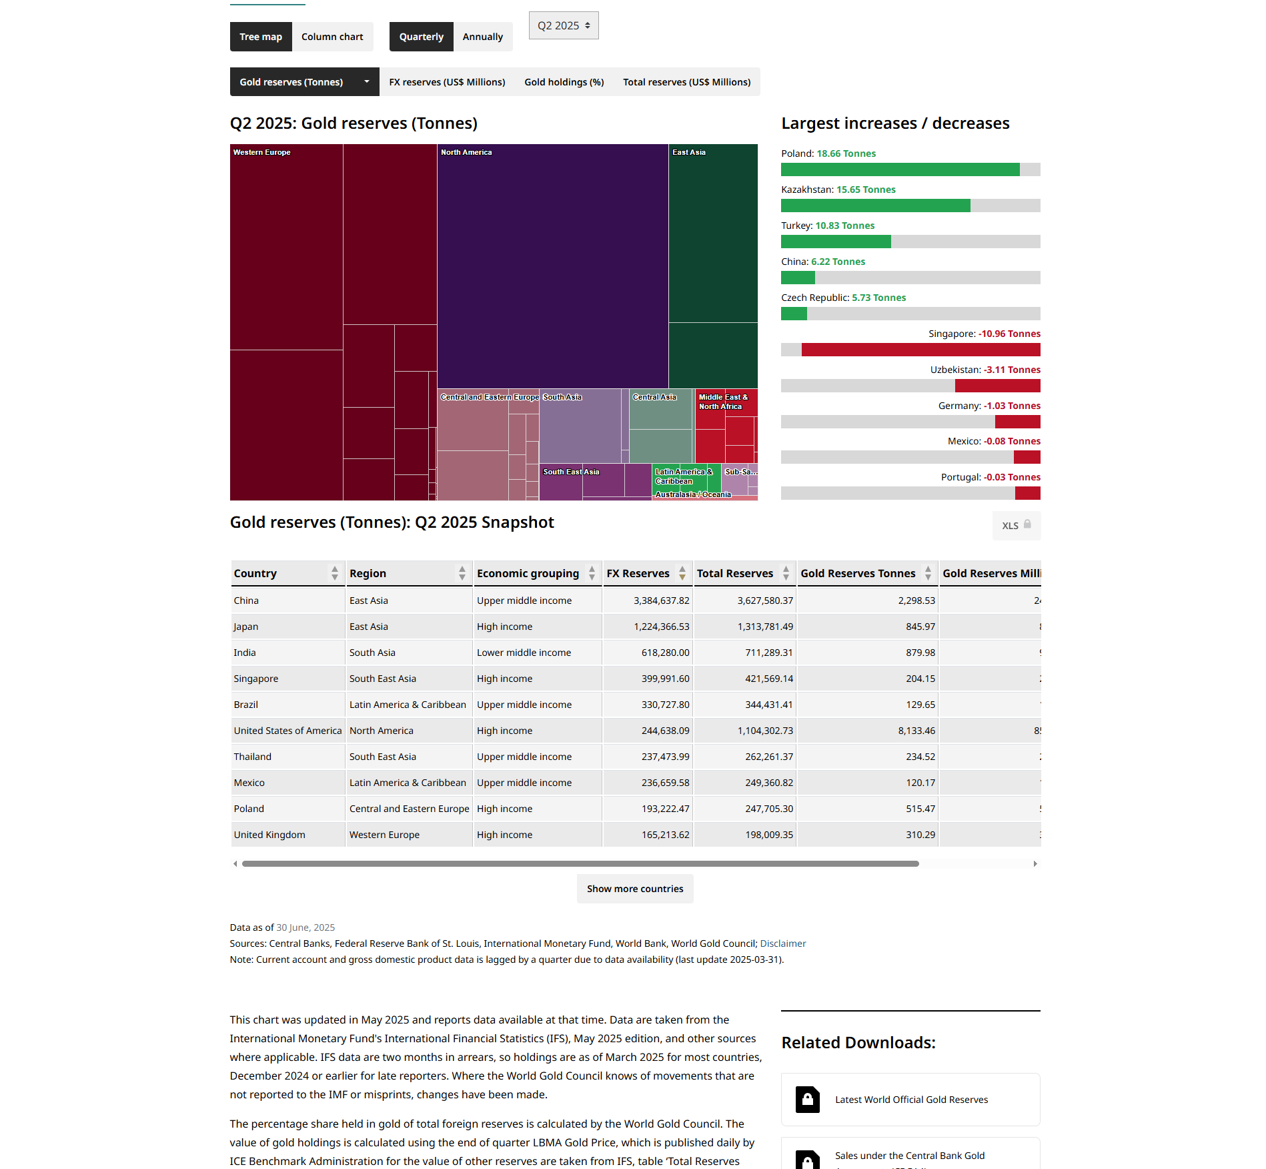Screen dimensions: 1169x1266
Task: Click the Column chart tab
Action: [x=332, y=37]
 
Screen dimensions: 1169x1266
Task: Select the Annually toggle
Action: [x=482, y=37]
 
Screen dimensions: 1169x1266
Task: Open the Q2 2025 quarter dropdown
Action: [x=564, y=25]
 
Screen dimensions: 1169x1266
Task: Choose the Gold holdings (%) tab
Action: [x=564, y=82]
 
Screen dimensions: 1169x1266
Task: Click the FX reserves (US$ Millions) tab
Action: [x=447, y=82]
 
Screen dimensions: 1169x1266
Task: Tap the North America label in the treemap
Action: [x=466, y=152]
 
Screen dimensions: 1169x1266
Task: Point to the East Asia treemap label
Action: [x=688, y=152]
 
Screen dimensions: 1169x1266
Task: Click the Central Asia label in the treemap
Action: [x=654, y=397]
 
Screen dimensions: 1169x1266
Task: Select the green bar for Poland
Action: [x=900, y=169]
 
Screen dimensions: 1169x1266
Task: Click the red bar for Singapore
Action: [x=920, y=350]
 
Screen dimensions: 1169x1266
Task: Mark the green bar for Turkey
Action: [x=836, y=242]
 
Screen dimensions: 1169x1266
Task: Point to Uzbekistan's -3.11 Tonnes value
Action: [x=1012, y=370]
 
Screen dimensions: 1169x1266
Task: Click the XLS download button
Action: [x=1016, y=526]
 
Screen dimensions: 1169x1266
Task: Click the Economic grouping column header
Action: [x=528, y=573]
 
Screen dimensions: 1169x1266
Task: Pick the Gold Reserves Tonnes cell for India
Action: [x=920, y=653]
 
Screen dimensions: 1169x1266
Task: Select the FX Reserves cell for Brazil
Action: [x=665, y=705]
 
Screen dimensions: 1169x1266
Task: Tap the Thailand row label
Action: [x=253, y=757]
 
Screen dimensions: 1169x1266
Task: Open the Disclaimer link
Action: [x=783, y=943]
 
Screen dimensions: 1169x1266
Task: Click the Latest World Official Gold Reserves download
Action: [x=911, y=1100]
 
